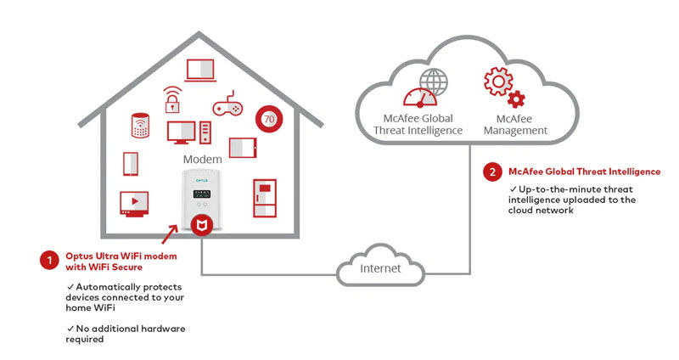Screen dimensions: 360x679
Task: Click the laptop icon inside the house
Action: [x=203, y=70]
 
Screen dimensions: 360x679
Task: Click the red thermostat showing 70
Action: [x=269, y=119]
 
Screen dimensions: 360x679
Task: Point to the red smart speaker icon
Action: [x=140, y=126]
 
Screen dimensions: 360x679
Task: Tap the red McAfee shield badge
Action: [x=201, y=226]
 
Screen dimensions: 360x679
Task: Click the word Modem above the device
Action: [x=202, y=159]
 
